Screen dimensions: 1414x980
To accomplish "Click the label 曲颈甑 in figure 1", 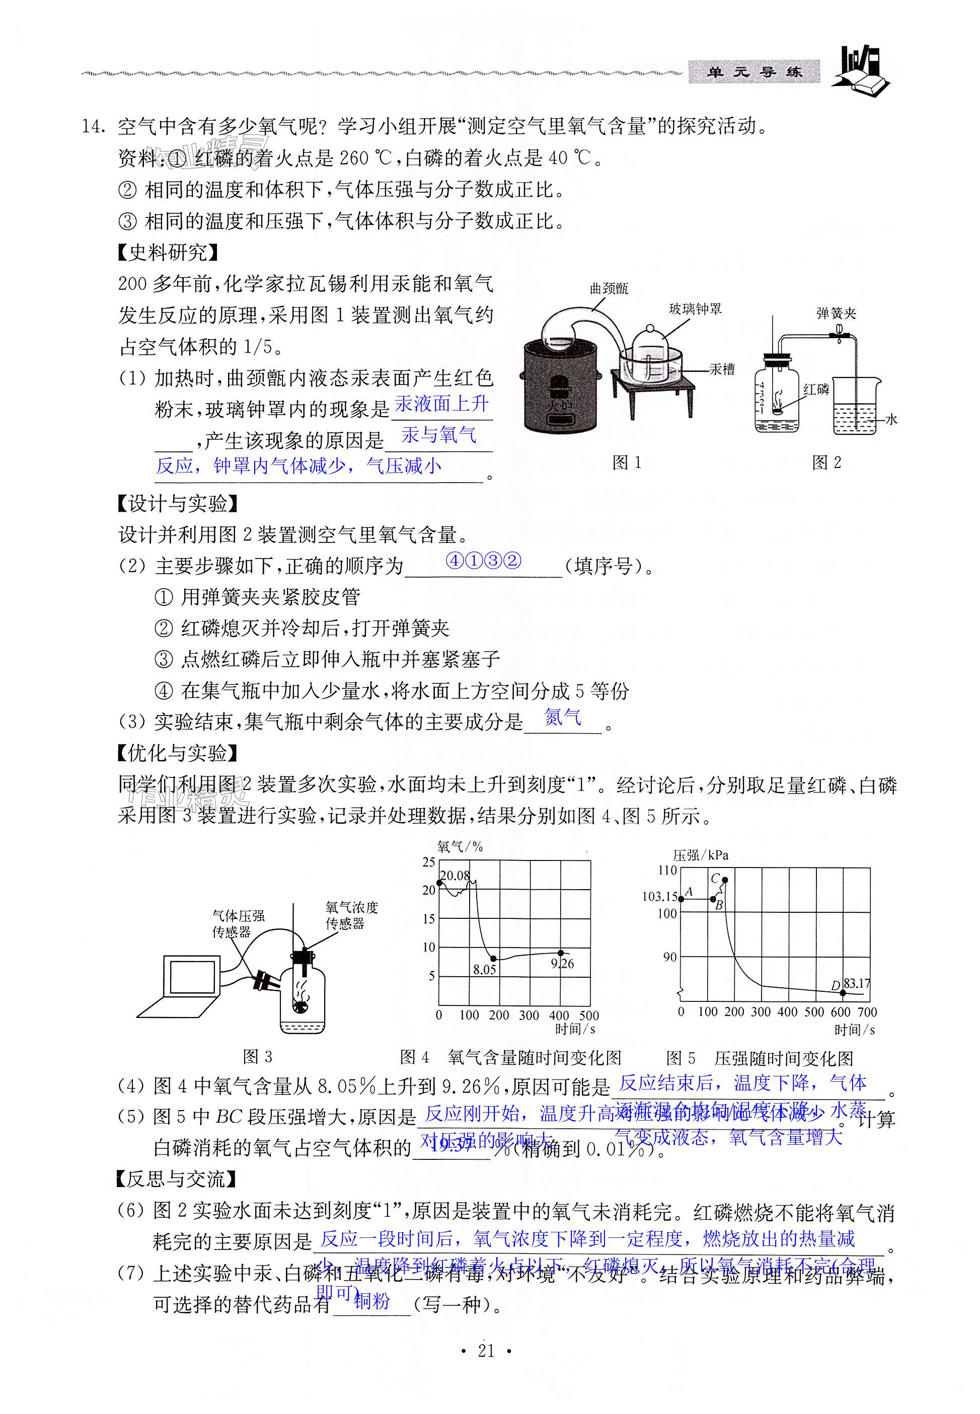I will [x=609, y=288].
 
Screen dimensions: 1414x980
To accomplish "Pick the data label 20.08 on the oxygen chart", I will [x=455, y=876].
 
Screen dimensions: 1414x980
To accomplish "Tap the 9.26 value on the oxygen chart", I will [x=562, y=964].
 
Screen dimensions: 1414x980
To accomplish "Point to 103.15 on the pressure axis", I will [x=659, y=897].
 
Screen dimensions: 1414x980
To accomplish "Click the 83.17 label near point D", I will [x=857, y=983].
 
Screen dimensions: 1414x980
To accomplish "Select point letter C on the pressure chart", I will [x=715, y=879].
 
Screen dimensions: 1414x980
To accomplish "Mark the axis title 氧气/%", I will [x=460, y=846].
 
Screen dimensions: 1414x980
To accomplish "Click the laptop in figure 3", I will [x=184, y=987].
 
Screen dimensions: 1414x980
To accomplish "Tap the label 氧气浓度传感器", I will [x=351, y=915].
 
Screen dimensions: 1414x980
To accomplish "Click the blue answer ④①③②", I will [x=484, y=561].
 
